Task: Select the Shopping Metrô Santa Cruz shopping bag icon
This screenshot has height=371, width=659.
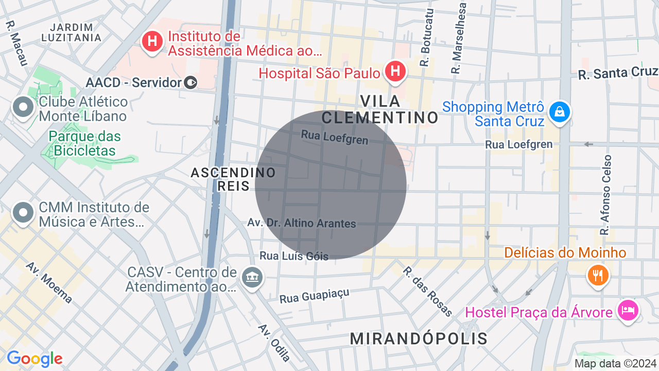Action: click(559, 112)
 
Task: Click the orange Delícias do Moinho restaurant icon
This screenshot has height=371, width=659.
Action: click(597, 275)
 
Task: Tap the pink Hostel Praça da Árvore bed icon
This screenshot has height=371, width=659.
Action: click(629, 311)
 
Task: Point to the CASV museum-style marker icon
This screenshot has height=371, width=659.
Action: click(252, 278)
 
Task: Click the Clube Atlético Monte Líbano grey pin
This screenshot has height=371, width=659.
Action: click(23, 108)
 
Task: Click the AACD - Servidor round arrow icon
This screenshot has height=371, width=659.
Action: click(190, 82)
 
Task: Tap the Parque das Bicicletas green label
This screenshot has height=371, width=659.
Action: click(85, 144)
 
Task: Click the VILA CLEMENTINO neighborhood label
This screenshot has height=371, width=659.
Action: click(380, 109)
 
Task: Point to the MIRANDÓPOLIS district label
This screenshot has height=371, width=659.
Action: click(419, 339)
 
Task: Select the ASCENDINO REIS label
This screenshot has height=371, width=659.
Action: click(233, 179)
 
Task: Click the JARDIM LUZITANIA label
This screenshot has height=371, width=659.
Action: click(72, 32)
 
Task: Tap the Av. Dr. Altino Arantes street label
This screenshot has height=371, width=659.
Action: click(302, 223)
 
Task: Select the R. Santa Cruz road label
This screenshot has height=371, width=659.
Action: click(617, 73)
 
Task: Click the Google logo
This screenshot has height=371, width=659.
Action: click(34, 359)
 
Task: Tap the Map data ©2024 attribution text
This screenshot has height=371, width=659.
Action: click(615, 364)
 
